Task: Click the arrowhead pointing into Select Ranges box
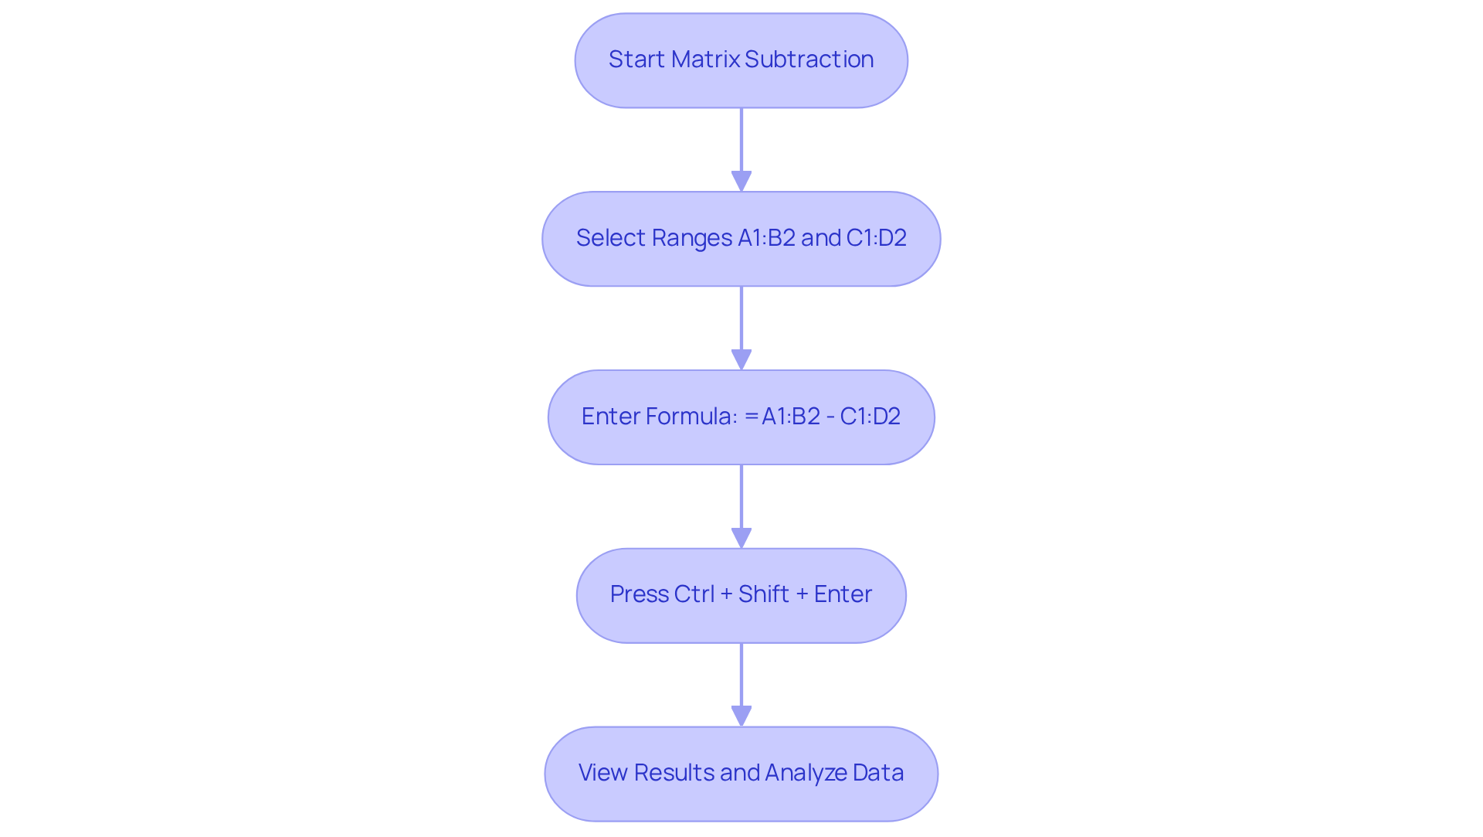(x=741, y=181)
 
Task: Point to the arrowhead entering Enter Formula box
(x=741, y=359)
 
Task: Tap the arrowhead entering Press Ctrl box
(x=741, y=538)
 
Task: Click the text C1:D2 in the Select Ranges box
(x=876, y=238)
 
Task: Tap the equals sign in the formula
(x=751, y=417)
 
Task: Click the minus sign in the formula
(x=830, y=417)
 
